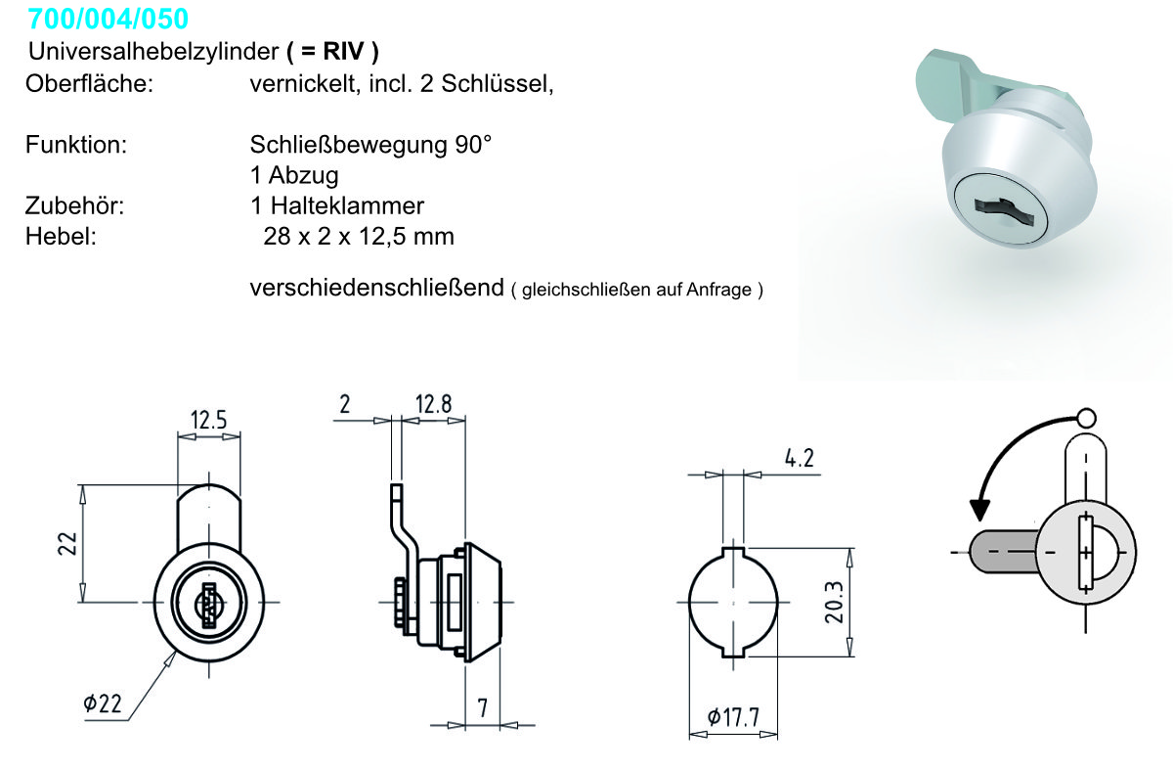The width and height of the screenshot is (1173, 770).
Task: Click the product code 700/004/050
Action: click(108, 19)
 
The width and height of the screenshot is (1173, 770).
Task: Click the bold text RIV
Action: click(343, 52)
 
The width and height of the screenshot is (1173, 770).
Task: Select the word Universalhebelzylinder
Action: click(153, 52)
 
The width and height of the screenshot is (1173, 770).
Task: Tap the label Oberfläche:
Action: click(90, 84)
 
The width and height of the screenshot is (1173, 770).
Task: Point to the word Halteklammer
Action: click(347, 206)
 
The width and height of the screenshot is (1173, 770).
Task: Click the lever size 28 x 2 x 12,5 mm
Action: click(359, 237)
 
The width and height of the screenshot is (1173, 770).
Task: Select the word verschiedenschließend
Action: click(377, 288)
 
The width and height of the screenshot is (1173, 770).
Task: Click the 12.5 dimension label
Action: click(208, 420)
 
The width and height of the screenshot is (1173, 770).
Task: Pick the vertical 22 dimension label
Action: click(67, 544)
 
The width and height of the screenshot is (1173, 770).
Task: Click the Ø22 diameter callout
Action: click(103, 703)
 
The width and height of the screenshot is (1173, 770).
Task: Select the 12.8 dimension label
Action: click(433, 404)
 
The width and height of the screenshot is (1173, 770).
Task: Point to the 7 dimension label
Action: click(482, 708)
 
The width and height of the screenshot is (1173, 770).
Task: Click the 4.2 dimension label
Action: click(800, 458)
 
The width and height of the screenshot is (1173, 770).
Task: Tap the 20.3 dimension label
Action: click(835, 603)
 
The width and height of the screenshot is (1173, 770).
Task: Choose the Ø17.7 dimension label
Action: click(733, 717)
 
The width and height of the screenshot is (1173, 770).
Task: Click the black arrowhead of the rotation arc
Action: click(979, 511)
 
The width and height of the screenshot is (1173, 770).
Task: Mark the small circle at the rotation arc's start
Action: click(1087, 418)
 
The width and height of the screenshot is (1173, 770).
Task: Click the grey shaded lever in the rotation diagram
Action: click(1003, 552)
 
